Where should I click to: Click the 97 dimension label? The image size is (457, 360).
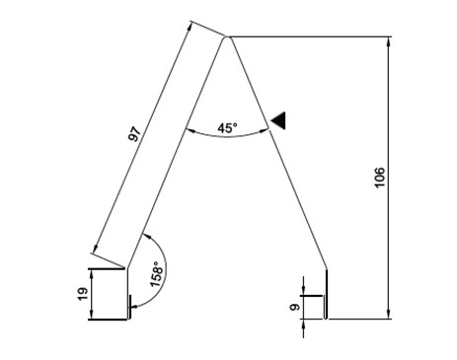(x=135, y=134)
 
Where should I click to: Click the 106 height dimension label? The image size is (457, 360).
(x=379, y=178)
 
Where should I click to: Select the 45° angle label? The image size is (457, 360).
(x=227, y=127)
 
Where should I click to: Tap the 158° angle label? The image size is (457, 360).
(x=157, y=274)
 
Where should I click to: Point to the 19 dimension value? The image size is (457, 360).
(x=83, y=294)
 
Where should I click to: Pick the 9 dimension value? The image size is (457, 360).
(x=295, y=308)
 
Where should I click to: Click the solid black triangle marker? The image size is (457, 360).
(x=278, y=120)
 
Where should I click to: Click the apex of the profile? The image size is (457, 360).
(x=227, y=37)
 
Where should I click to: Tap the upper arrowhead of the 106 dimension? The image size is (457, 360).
(x=389, y=40)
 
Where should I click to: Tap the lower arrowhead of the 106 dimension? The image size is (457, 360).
(x=389, y=315)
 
